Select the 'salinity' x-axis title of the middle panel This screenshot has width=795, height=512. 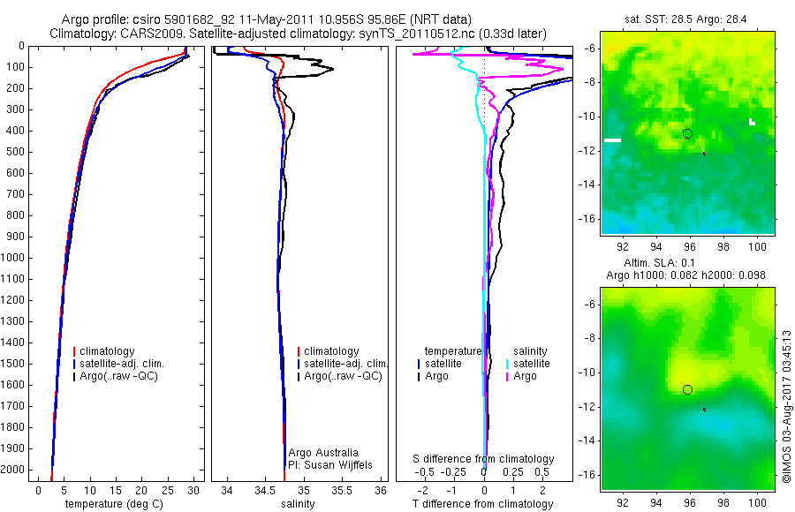pos(298,504)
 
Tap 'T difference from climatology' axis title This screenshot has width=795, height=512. pos(483,504)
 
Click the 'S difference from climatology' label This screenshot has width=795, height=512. pos(484,459)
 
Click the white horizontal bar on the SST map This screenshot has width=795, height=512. pos(612,139)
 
